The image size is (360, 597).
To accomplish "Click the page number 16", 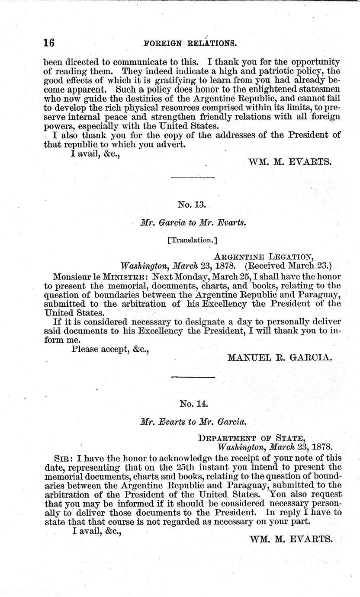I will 48,43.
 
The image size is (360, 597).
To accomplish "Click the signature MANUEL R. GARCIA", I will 280,357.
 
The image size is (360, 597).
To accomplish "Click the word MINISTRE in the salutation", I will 125,276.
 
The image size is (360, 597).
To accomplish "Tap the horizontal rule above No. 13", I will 193,178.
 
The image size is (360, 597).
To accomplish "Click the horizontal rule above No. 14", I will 193,377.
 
